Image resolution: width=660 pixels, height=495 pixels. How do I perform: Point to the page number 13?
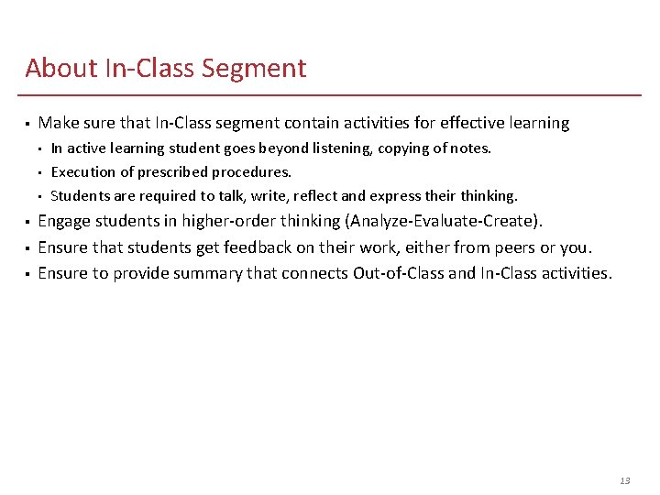pyautogui.click(x=625, y=480)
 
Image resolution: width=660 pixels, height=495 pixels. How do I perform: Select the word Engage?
pyautogui.click(x=63, y=221)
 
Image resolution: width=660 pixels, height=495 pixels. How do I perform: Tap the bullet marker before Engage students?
pyautogui.click(x=28, y=222)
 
